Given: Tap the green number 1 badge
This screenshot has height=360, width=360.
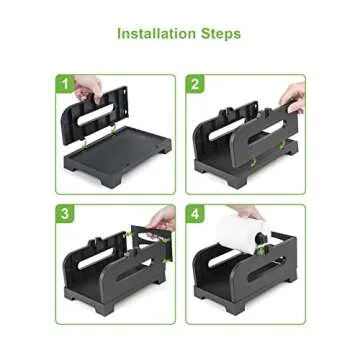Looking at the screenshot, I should (x=66, y=85).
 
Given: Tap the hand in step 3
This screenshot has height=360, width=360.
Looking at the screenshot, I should (x=162, y=218).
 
